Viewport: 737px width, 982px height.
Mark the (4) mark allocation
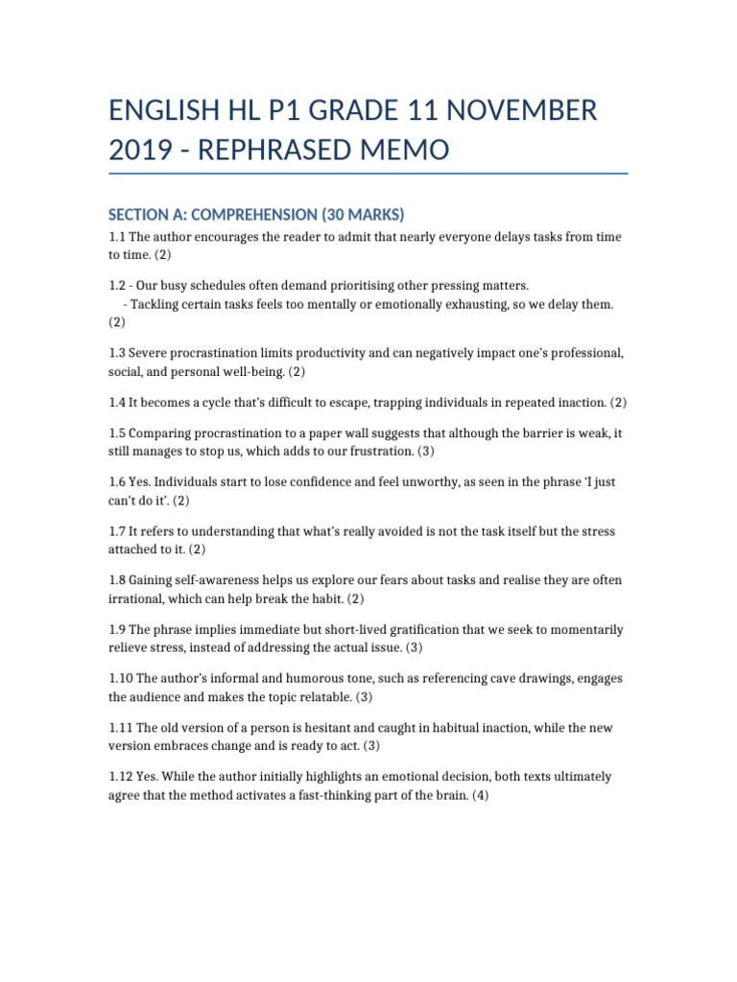tap(480, 795)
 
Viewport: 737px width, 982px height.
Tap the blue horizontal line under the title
tap(368, 175)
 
